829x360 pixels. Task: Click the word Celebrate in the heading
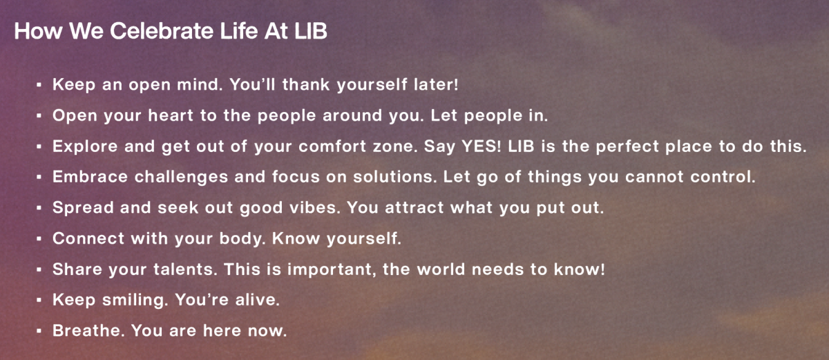click(x=162, y=30)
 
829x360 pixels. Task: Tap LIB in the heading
click(x=310, y=30)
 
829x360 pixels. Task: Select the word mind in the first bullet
click(x=200, y=84)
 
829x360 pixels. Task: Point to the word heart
click(x=170, y=115)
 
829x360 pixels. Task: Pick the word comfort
click(x=332, y=146)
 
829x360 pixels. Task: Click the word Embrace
click(x=90, y=177)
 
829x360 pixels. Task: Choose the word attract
click(x=414, y=207)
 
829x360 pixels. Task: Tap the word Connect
click(x=88, y=238)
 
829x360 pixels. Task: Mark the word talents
click(x=185, y=269)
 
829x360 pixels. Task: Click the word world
click(x=441, y=269)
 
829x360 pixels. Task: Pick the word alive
click(x=258, y=300)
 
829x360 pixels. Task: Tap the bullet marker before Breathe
click(x=39, y=331)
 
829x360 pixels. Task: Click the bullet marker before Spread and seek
click(x=39, y=208)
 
